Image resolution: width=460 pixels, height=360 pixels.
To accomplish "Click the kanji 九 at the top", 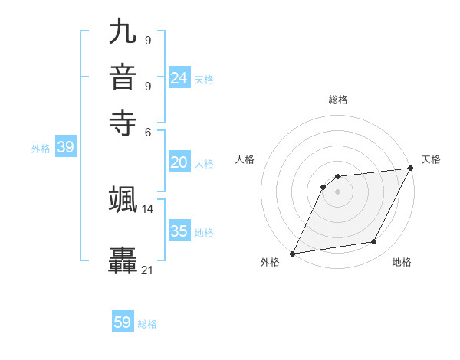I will click(123, 31).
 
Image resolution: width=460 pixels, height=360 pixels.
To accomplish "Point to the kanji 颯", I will click(123, 198).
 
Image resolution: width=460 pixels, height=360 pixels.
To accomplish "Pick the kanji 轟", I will click(123, 260).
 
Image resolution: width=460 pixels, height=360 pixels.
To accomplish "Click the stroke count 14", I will click(148, 208).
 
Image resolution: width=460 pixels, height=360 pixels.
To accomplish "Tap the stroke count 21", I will click(148, 270).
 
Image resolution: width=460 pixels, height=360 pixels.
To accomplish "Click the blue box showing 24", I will click(179, 77).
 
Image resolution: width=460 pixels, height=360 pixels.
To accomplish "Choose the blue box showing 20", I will click(179, 162).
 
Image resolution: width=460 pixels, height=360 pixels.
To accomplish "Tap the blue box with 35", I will click(179, 231).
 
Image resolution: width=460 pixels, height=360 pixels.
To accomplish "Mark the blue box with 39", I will click(65, 148).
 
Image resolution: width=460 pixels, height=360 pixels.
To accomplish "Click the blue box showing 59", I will click(123, 322).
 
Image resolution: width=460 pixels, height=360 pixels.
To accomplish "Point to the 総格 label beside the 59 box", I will click(147, 324).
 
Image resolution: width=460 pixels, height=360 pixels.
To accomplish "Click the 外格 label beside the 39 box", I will click(40, 149).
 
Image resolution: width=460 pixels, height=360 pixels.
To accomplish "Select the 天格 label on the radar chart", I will click(431, 159).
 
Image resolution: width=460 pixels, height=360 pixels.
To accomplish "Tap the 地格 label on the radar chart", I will click(402, 262).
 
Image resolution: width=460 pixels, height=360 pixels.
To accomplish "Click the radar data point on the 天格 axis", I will click(411, 169).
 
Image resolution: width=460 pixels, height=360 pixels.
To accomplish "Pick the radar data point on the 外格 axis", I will click(292, 254).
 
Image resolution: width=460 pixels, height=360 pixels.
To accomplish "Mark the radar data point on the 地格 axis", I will click(374, 242).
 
